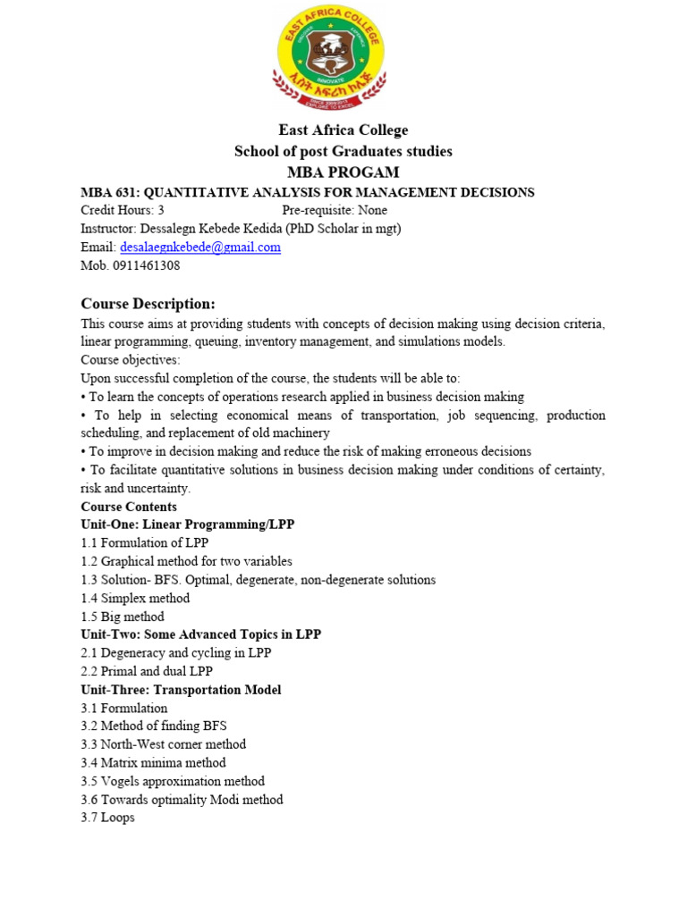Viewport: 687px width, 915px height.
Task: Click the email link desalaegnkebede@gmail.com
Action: [x=200, y=248]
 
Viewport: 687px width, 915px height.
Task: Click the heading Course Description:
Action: [x=148, y=304]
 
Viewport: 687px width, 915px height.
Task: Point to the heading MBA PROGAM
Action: [x=343, y=172]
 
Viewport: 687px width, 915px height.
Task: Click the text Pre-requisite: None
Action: [x=335, y=211]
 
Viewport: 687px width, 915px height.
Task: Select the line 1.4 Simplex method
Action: [x=135, y=598]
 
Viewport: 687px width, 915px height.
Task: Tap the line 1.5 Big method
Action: [x=123, y=617]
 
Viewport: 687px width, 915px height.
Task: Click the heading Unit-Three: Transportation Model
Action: [x=181, y=690]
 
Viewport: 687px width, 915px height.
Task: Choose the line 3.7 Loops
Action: [x=107, y=818]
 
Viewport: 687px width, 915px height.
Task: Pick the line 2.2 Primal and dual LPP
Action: [x=147, y=671]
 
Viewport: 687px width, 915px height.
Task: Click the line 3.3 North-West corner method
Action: [x=163, y=744]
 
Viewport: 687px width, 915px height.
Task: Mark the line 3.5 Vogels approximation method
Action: [x=173, y=781]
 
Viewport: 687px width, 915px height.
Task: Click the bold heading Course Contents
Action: [x=129, y=507]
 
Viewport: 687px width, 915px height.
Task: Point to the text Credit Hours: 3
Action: [x=123, y=211]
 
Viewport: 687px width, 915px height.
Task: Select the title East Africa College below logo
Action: [x=343, y=130]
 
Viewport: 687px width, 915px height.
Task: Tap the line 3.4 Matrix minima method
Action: [x=153, y=763]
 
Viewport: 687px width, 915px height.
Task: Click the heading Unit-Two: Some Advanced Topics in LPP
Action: [x=200, y=634]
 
